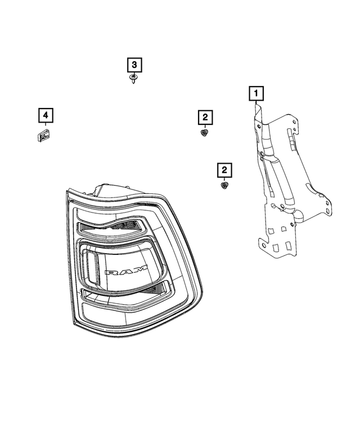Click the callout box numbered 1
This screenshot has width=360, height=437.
(256, 92)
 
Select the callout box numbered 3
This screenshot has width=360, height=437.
(134, 65)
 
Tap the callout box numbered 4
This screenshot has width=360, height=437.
(46, 116)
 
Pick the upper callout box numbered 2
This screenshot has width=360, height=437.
(205, 117)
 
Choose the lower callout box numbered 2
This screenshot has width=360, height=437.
(224, 169)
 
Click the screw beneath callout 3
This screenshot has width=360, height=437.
(133, 78)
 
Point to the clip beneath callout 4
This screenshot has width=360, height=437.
(42, 135)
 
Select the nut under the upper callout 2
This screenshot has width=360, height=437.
(204, 133)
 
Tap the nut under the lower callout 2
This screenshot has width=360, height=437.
(223, 184)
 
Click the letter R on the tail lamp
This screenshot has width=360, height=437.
(112, 272)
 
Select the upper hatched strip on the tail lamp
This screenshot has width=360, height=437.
(112, 228)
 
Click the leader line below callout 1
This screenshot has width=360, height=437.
(256, 103)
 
